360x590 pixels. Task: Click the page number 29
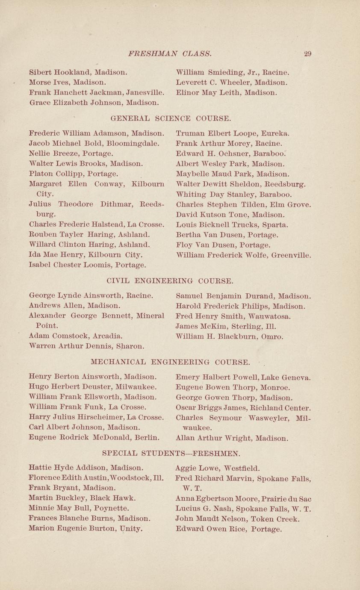[x=307, y=54]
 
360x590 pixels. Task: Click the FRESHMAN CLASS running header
[x=169, y=54]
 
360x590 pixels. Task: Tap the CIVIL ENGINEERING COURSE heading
[x=169, y=281]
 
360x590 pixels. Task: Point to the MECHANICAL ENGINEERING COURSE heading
[x=171, y=363]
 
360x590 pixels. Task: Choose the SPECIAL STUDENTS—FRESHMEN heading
[x=171, y=452]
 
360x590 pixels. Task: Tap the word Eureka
[x=275, y=133]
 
